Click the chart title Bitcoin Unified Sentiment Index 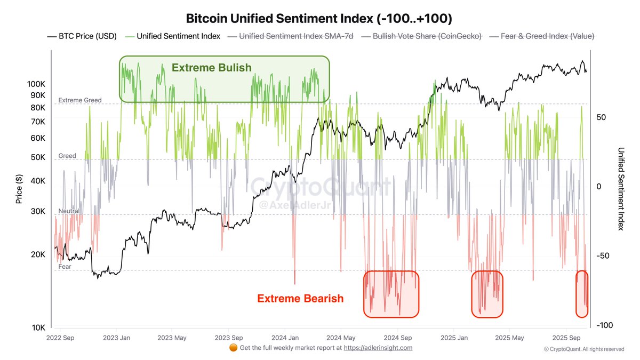click(319, 19)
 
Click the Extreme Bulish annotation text click(211, 68)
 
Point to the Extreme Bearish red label click(300, 299)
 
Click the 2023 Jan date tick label click(117, 338)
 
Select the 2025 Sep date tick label click(566, 338)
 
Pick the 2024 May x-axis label click(341, 338)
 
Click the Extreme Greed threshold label click(79, 100)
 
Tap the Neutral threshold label click(69, 211)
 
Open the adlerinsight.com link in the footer click(378, 348)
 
